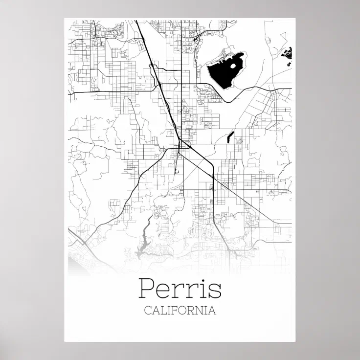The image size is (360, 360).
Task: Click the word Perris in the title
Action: [x=180, y=289]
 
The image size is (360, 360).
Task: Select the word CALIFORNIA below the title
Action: [x=180, y=311]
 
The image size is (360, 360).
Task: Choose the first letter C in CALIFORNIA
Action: [x=148, y=311]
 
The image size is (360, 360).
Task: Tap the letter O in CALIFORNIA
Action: [x=183, y=311]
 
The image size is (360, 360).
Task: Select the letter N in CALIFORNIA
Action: [x=199, y=311]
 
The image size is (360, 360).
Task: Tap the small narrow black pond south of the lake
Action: [x=230, y=136]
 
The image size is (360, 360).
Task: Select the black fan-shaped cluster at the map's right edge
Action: [x=289, y=53]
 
